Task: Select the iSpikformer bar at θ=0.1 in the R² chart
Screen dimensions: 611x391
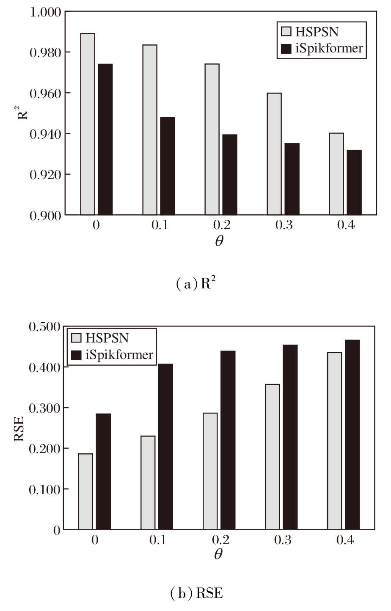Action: (x=168, y=166)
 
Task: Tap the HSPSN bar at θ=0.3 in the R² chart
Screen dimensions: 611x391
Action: (x=274, y=154)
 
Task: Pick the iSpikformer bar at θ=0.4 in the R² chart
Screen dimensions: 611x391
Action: (x=354, y=182)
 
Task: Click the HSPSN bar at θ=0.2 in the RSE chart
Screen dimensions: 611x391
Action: (x=210, y=471)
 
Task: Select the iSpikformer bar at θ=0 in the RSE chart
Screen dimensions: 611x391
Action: (x=103, y=471)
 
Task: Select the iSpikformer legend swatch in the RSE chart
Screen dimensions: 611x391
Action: (x=77, y=354)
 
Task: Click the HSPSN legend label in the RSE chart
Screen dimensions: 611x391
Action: (x=107, y=338)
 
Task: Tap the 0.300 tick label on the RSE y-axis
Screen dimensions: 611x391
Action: (x=45, y=408)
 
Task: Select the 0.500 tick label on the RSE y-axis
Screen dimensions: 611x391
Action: (x=45, y=326)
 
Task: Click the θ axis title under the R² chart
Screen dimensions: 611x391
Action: (x=219, y=241)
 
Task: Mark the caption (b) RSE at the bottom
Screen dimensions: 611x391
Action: (x=196, y=593)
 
